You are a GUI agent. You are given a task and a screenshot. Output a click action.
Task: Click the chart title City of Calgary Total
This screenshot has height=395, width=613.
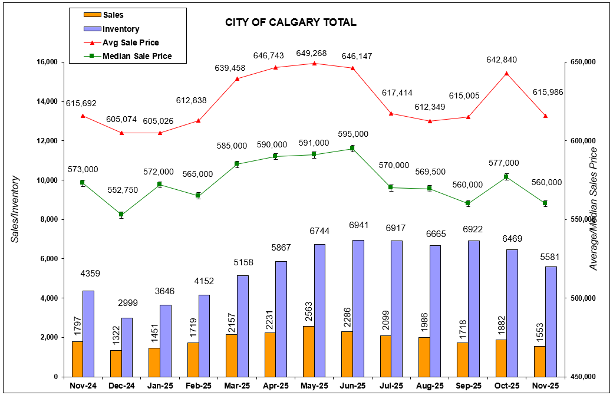coord(291,22)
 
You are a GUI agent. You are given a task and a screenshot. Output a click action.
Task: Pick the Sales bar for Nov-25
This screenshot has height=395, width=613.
coord(539,361)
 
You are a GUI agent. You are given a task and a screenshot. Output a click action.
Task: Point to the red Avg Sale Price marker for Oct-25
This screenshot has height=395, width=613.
coord(507,73)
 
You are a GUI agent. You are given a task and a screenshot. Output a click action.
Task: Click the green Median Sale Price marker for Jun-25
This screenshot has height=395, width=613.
coord(352,149)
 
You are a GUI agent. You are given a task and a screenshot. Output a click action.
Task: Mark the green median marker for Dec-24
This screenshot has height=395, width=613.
coord(121,215)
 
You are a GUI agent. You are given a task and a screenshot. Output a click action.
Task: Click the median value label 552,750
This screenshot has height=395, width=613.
coord(122,190)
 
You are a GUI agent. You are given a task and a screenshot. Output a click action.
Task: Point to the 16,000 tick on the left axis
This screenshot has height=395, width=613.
coord(46,62)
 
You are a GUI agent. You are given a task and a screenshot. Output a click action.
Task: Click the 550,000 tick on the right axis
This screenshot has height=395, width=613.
coord(582,219)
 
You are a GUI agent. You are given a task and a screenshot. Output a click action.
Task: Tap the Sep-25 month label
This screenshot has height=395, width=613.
coord(469,386)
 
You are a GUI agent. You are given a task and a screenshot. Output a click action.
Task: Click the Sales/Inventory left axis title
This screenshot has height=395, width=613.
coord(15,209)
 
